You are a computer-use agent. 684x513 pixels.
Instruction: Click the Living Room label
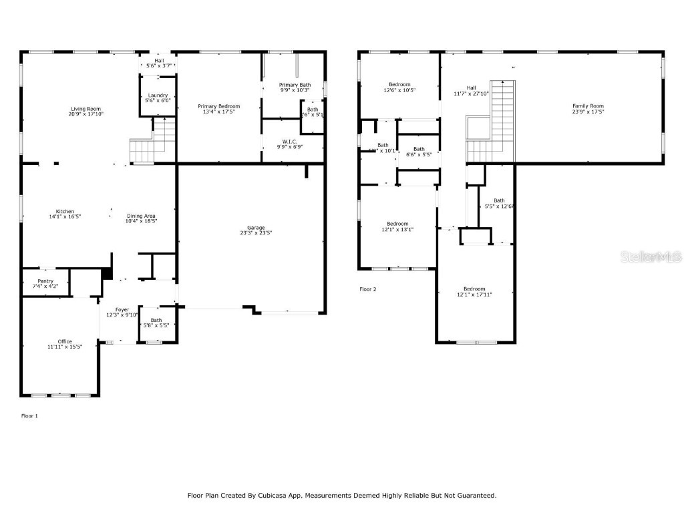click(85, 109)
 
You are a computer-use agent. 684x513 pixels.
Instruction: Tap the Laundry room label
click(158, 96)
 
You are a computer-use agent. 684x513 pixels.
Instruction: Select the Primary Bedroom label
click(218, 106)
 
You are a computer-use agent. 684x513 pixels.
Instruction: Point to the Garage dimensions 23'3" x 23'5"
click(256, 233)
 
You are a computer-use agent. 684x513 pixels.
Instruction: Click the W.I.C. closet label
click(289, 141)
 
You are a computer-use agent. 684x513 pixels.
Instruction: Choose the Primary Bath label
click(295, 85)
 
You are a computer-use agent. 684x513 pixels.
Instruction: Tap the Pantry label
click(45, 281)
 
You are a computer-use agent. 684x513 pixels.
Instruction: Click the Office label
click(65, 341)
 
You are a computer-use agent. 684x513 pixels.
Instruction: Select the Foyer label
click(122, 309)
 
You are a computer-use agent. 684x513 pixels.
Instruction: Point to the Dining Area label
click(141, 216)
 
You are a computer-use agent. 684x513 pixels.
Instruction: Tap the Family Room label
click(588, 106)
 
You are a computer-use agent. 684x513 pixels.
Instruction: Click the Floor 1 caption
click(30, 415)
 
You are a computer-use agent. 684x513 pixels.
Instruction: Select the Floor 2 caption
click(368, 289)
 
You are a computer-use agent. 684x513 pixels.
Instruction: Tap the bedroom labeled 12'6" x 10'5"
click(399, 88)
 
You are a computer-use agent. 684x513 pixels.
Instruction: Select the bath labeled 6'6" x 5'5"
click(419, 152)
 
